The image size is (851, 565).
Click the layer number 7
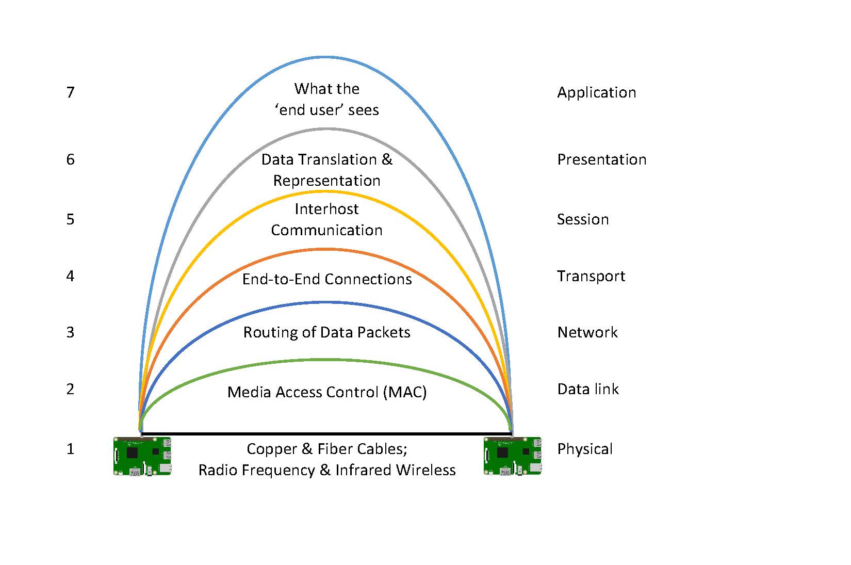(70, 92)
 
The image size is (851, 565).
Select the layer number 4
(70, 276)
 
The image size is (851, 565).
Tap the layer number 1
(70, 449)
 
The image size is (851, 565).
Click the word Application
(596, 93)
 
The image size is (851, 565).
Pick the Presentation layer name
(602, 159)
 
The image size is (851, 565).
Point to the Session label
(583, 220)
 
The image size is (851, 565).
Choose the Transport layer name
(591, 277)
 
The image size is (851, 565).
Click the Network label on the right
(587, 332)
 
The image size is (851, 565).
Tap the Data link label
(588, 389)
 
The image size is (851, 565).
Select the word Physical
(585, 449)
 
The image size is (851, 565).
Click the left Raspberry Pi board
(142, 456)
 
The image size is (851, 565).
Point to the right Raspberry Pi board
(513, 456)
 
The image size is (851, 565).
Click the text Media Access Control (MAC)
(327, 392)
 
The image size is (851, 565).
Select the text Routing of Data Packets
(326, 332)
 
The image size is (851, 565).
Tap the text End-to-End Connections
(327, 279)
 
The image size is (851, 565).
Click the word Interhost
(326, 209)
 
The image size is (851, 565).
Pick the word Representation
(326, 181)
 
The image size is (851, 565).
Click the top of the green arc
(326, 360)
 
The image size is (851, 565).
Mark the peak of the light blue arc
(326, 57)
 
